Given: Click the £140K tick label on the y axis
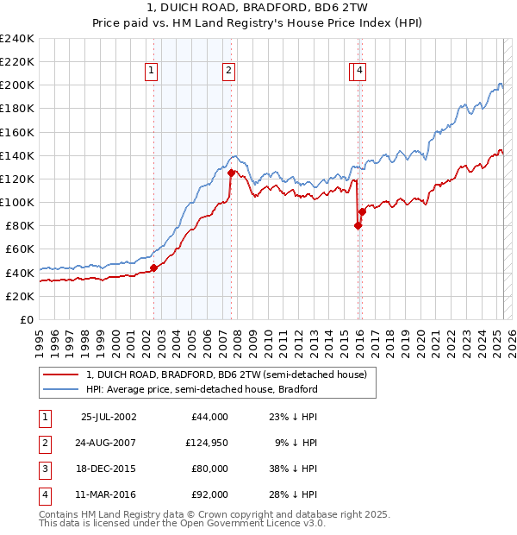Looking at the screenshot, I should (17, 155).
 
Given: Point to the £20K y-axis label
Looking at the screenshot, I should (20, 296).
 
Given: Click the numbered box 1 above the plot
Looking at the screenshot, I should (152, 72).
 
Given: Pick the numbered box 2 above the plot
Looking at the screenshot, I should (228, 72).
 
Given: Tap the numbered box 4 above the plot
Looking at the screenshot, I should (359, 72).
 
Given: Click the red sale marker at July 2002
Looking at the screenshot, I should (154, 267).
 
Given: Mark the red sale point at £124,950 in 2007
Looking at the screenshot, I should (231, 173).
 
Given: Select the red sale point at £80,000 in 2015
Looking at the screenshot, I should (358, 225).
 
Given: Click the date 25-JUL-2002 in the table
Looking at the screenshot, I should (109, 417).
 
